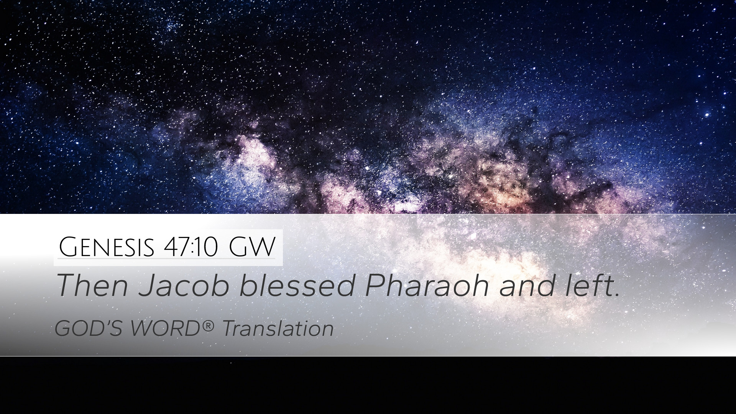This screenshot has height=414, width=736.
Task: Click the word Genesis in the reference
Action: click(107, 247)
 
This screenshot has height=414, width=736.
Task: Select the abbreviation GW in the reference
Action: click(252, 247)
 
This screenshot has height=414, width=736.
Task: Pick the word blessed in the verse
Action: click(297, 286)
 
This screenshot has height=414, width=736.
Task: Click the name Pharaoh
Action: click(427, 286)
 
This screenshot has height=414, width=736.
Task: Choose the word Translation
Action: click(278, 329)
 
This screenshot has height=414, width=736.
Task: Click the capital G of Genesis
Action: click(69, 247)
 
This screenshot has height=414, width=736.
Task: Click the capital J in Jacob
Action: click(146, 286)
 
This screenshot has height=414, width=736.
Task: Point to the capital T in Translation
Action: click(230, 329)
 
